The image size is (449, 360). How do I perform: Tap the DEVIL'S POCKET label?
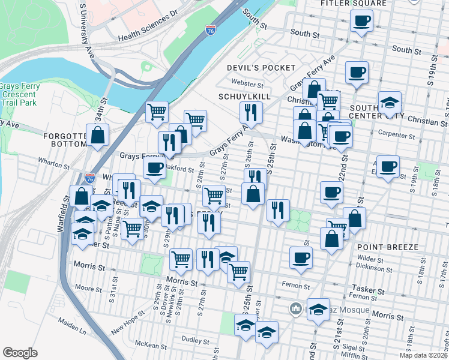point(261,68)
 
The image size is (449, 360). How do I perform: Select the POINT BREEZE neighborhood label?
point(382,247)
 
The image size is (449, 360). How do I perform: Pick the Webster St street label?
point(247,85)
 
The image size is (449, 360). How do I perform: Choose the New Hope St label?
point(128,320)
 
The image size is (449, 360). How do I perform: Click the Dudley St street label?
point(194,340)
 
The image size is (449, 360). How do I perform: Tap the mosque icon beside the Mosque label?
point(295,308)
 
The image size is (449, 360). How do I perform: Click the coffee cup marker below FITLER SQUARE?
point(361,22)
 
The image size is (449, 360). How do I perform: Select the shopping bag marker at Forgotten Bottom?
point(97,135)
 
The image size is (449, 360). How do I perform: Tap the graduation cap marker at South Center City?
point(389,102)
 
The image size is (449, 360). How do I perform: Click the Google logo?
point(20,353)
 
